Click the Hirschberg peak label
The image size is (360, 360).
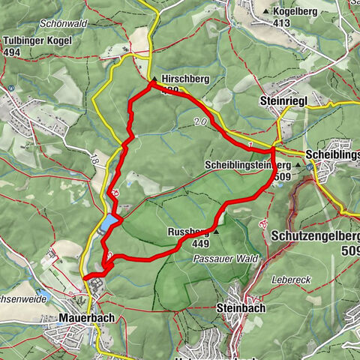coord(181,77)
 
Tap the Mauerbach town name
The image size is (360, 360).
coord(87,318)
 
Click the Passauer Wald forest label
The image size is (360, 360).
coord(226,259)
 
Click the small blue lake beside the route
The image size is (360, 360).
coord(109,223)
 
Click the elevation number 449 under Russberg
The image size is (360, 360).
coord(199,243)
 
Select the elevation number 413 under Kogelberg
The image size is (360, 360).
coord(281,23)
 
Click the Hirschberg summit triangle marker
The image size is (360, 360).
coord(154,78)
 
